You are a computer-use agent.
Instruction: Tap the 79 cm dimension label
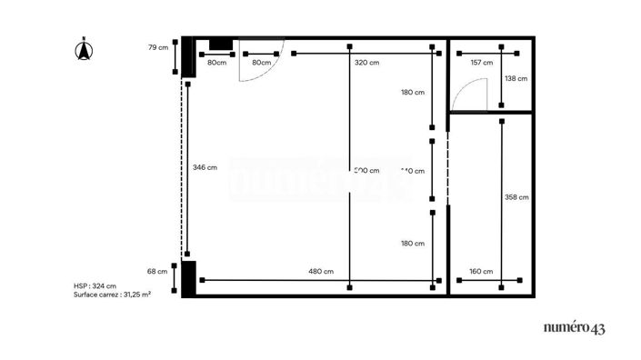pyautogui.click(x=158, y=47)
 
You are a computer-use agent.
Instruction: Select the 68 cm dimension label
pyautogui.click(x=157, y=271)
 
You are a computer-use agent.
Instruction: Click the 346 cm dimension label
pyautogui.click(x=205, y=167)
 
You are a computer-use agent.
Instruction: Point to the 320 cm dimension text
pyautogui.click(x=366, y=63)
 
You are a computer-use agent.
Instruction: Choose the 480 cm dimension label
pyautogui.click(x=320, y=271)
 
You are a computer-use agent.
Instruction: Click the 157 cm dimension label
pyautogui.click(x=481, y=63)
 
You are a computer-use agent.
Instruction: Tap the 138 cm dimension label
pyautogui.click(x=516, y=79)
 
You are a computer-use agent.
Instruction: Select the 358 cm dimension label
pyautogui.click(x=516, y=196)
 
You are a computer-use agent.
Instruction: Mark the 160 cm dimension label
pyautogui.click(x=481, y=271)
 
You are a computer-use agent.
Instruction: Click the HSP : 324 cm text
pyautogui.click(x=95, y=286)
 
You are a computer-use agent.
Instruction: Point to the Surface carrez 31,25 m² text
pyautogui.click(x=112, y=295)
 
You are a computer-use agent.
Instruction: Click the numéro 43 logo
pyautogui.click(x=574, y=328)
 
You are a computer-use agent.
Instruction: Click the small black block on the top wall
pyautogui.click(x=221, y=45)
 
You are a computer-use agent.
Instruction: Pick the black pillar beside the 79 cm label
pyautogui.click(x=187, y=57)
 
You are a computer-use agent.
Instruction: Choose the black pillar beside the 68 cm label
pyautogui.click(x=188, y=278)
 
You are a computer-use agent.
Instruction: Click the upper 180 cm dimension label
pyautogui.click(x=413, y=92)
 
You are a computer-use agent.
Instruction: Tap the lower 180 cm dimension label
pyautogui.click(x=413, y=243)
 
